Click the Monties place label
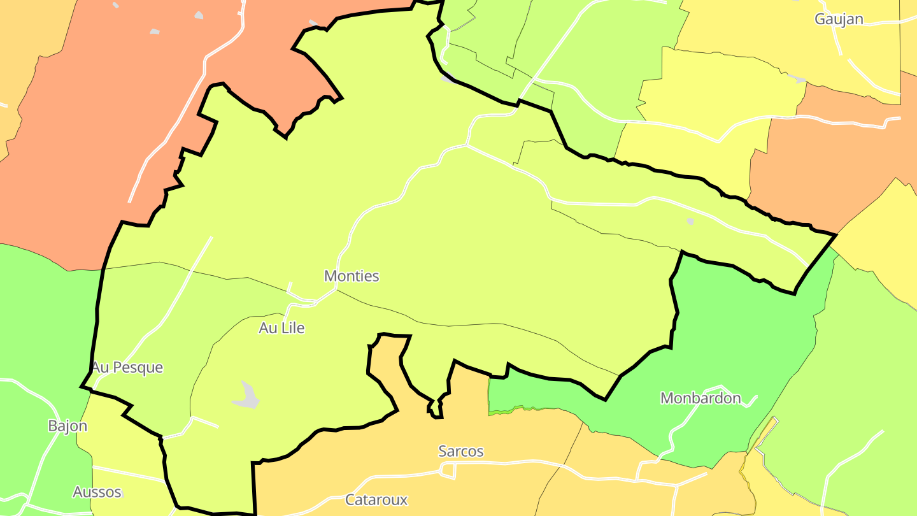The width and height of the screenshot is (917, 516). click(x=352, y=276)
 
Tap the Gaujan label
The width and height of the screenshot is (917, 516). click(x=839, y=19)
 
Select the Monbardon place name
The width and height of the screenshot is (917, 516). click(x=700, y=398)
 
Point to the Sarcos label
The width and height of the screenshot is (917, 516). click(x=461, y=451)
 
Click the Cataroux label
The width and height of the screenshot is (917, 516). click(x=376, y=499)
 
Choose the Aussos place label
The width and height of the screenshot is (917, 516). click(x=97, y=492)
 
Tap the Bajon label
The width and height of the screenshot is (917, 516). click(x=68, y=426)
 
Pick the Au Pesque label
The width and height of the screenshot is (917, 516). click(x=127, y=368)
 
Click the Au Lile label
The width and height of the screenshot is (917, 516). click(x=281, y=328)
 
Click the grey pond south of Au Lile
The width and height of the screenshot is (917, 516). click(x=246, y=395)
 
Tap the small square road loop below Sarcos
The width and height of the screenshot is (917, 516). click(x=449, y=471)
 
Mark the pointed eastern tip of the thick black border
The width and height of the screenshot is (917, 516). click(x=835, y=235)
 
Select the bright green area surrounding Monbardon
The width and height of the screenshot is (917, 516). click(x=739, y=331)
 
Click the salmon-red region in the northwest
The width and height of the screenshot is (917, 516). click(x=96, y=127)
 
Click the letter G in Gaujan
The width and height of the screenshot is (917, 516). click(x=820, y=19)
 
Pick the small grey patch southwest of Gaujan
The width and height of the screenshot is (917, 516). click(x=797, y=79)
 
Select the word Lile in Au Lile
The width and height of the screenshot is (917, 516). click(x=292, y=328)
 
